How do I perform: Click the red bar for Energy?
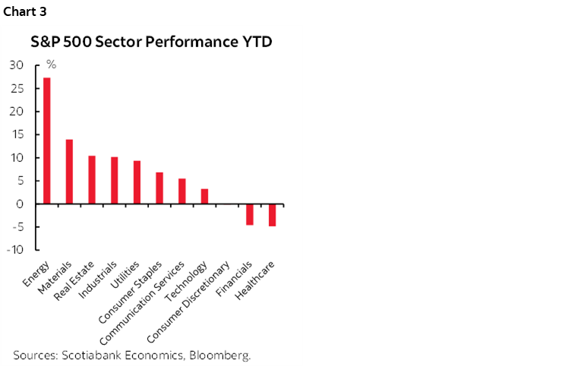[x=47, y=141]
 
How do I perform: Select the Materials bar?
[x=69, y=172]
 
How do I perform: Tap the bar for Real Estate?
[x=92, y=180]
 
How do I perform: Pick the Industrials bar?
[x=114, y=181]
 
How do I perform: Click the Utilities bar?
[x=137, y=182]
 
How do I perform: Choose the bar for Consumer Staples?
[x=159, y=188]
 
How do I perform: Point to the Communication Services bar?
[x=181, y=191]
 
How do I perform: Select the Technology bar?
[x=204, y=196]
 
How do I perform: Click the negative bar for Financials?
[x=249, y=214]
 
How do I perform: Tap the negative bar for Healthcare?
[x=272, y=215]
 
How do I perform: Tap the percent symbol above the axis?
[x=52, y=65]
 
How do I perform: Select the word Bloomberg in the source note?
[x=222, y=355]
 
